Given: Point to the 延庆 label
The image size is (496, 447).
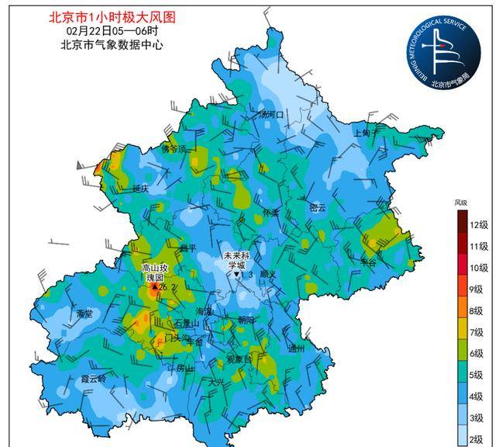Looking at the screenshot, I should pos(140,189).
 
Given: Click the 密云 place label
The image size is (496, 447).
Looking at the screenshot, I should pos(318,208).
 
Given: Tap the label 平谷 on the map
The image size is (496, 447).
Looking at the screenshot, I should pos(368,263).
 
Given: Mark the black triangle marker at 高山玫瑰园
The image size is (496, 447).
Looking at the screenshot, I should pos(154,287).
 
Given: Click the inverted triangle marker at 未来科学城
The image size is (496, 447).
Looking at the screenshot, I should pos(237,274).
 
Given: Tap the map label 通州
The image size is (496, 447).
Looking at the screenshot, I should pos(296,348).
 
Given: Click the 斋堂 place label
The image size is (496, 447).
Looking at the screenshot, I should pos(84,314).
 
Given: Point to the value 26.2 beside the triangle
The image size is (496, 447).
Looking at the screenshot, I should pos(167,287).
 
